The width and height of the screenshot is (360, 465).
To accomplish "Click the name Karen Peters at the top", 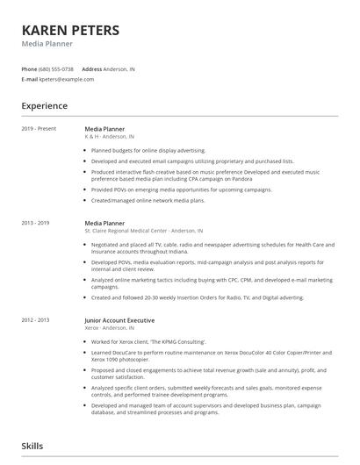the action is [70, 31].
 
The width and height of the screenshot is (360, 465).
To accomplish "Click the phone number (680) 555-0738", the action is [56, 68].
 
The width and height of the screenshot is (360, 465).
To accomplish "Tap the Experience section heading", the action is [44, 106].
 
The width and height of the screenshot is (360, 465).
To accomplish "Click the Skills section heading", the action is [32, 447].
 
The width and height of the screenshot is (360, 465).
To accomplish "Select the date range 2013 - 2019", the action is [37, 224].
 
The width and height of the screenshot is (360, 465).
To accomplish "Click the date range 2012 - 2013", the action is [37, 318].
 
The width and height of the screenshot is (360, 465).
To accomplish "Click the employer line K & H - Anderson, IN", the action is [109, 137].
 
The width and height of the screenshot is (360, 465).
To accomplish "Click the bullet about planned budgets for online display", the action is [148, 150].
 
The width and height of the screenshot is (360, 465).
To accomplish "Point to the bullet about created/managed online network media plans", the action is [148, 200].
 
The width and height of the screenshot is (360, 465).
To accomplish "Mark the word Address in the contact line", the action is [92, 68].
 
